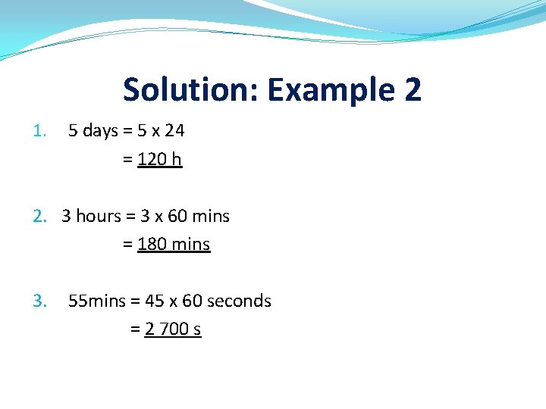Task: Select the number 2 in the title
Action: [412, 90]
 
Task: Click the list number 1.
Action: [39, 131]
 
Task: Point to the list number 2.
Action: [39, 217]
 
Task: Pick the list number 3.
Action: [39, 301]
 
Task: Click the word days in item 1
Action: [100, 131]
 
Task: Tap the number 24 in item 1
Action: [174, 131]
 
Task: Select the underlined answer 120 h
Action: [160, 160]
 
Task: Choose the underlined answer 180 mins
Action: [174, 245]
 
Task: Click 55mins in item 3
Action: [97, 301]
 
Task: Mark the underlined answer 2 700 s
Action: [173, 329]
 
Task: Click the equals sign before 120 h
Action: [127, 160]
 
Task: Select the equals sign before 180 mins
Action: [127, 245]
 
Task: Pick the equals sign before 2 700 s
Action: [135, 329]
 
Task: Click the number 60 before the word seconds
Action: [192, 301]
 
